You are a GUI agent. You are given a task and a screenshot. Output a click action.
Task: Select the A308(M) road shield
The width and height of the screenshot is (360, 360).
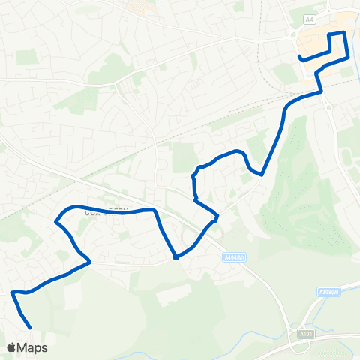[x=328, y=292]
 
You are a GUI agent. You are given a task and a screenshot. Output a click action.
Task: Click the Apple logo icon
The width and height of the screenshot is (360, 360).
[x=12, y=347]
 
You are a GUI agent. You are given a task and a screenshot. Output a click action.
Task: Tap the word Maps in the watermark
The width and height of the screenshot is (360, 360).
[x=33, y=347]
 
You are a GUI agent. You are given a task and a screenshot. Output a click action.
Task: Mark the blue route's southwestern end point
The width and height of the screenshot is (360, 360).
[x=29, y=328]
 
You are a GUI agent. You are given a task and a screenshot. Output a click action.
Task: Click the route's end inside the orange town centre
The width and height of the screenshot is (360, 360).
[x=299, y=57]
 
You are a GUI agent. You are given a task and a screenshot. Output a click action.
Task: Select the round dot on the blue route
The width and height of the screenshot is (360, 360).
[x=175, y=257]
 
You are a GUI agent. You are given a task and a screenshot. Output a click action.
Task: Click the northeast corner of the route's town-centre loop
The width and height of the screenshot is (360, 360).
[x=344, y=33]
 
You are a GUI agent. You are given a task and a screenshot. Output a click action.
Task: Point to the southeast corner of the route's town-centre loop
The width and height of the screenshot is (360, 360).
[x=349, y=58]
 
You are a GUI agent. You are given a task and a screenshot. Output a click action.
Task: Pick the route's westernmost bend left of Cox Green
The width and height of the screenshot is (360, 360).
[x=55, y=221]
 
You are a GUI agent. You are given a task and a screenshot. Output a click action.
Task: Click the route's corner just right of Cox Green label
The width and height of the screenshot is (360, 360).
[x=154, y=210]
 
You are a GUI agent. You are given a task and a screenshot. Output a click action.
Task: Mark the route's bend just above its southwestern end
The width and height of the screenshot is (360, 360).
[x=13, y=292]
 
